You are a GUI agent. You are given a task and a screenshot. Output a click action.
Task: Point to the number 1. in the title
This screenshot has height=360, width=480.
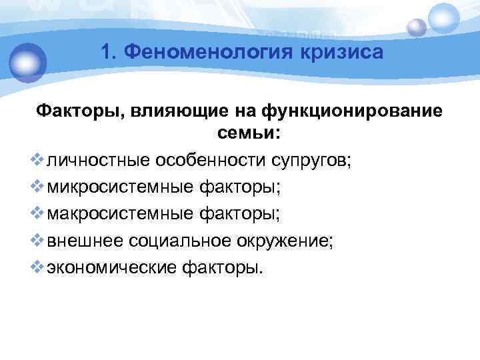(113, 51)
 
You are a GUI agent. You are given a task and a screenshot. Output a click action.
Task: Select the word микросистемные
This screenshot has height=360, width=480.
(120, 187)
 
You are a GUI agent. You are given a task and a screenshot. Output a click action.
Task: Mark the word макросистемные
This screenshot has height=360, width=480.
(120, 214)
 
